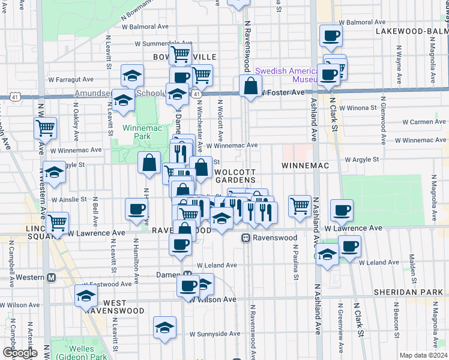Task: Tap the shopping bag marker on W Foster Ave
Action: click(250, 86)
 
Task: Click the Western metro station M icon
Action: click(51, 277)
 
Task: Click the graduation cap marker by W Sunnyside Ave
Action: click(164, 328)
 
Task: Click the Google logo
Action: click(20, 353)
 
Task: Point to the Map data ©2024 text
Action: click(423, 355)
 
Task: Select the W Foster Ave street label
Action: click(282, 92)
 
